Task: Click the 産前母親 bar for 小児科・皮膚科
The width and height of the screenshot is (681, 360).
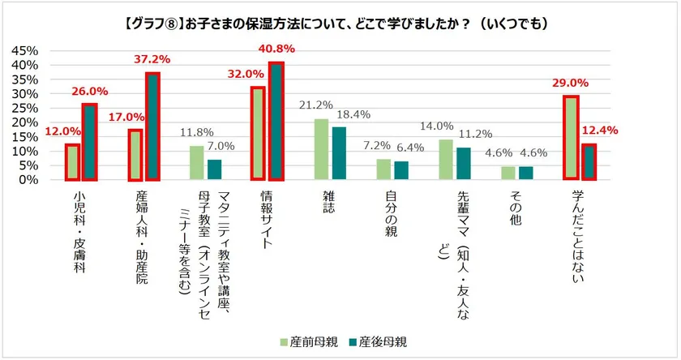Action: coord(72,162)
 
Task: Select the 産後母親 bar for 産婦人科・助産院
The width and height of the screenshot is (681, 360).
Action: coord(152,126)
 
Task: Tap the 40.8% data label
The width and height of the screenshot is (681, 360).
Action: coord(276,49)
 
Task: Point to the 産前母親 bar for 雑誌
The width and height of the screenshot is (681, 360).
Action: coord(321,149)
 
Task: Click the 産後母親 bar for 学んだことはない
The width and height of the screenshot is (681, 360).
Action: coord(589,162)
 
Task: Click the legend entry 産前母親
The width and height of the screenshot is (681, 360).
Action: coord(306,341)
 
